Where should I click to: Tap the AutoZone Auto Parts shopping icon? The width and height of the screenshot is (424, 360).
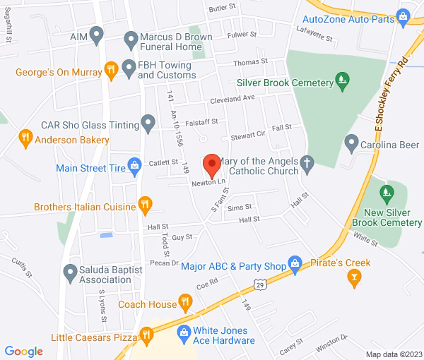(x=404, y=14)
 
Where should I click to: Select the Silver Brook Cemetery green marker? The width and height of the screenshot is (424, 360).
(x=342, y=78)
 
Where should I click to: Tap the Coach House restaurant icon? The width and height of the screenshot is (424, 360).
(x=186, y=304)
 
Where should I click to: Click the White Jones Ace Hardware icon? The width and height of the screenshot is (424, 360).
(x=183, y=331)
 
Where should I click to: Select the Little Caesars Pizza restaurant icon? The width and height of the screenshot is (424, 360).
(x=146, y=337)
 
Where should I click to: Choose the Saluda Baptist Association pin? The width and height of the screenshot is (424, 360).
(x=69, y=271)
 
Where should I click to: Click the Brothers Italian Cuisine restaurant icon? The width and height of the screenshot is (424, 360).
(x=145, y=206)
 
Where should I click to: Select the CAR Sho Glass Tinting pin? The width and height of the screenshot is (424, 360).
(x=148, y=124)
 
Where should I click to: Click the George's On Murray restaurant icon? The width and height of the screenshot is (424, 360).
(x=110, y=70)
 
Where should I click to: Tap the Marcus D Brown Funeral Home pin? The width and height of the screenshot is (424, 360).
(x=130, y=38)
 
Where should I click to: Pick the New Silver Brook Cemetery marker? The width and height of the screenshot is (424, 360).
(x=386, y=191)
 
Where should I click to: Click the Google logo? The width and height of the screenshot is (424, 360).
(x=23, y=351)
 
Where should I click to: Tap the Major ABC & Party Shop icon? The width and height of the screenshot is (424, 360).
(x=296, y=266)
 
